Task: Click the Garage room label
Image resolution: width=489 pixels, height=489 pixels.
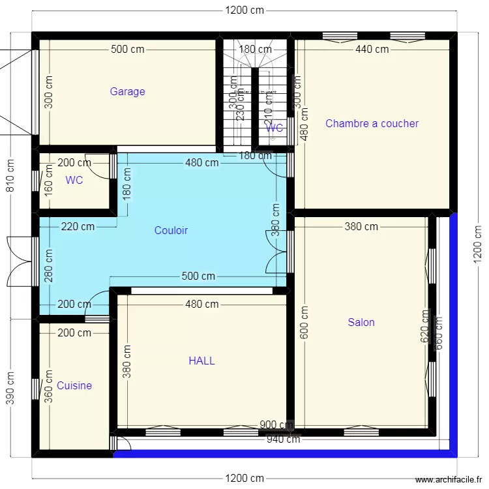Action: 127,92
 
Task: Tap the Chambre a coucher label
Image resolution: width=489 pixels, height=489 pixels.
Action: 372,123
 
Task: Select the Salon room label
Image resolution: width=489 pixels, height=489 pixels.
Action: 361,322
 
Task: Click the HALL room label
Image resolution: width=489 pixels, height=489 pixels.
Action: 201,361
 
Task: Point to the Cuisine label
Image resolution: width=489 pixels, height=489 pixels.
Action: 74,385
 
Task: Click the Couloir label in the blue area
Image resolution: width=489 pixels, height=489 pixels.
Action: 171,230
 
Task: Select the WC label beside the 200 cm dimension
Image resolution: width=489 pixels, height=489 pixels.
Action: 74,181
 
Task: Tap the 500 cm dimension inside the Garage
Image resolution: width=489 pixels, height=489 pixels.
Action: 127,49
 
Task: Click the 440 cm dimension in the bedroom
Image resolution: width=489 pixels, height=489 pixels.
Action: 372,49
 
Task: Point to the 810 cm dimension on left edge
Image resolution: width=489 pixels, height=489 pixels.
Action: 10,175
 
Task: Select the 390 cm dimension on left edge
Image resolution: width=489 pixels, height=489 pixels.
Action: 10,388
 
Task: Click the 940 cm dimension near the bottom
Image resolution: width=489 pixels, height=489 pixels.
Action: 283,439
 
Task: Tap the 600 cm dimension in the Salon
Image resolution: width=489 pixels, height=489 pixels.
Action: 303,322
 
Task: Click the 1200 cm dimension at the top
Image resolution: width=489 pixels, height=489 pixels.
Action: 244,10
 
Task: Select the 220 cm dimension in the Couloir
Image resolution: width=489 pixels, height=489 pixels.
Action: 78,227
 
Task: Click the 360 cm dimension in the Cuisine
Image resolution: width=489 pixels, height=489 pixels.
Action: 49,388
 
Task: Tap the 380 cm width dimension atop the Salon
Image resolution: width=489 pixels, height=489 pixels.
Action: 361,227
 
